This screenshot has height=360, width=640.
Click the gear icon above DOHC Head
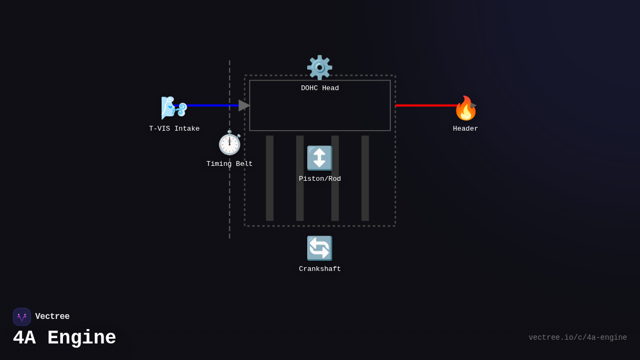click(319, 68)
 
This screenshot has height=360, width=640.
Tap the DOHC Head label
click(320, 89)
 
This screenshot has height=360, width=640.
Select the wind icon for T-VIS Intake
click(174, 107)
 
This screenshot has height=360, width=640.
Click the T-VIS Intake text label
click(174, 129)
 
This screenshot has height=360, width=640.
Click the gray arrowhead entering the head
click(244, 106)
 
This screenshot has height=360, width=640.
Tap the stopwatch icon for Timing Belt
click(230, 143)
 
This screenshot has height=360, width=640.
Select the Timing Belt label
click(229, 164)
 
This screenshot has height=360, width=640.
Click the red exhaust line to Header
click(424, 106)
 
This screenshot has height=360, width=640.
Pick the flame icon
click(466, 108)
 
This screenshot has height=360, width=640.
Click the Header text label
click(466, 129)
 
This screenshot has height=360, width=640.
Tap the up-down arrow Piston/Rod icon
click(319, 158)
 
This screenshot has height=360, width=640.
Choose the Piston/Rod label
click(320, 179)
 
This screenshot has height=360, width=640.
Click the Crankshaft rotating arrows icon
click(319, 248)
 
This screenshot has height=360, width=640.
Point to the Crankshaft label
click(320, 269)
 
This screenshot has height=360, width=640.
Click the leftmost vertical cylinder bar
click(270, 178)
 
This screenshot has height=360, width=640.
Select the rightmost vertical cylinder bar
click(365, 178)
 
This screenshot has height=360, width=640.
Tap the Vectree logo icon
click(22, 317)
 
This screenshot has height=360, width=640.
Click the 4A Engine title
click(65, 338)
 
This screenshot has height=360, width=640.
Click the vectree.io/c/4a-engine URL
click(578, 338)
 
